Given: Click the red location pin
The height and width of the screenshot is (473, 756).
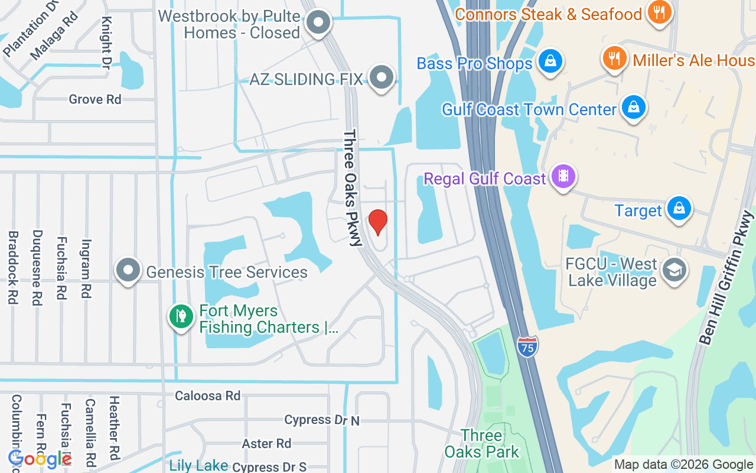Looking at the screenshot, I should tap(378, 222).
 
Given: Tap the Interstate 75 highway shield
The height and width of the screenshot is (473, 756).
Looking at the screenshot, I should tap(527, 346).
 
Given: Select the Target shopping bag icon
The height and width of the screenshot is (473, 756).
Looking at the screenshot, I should tap(679, 209).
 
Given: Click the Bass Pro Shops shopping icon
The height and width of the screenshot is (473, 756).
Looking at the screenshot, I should tap(550, 61).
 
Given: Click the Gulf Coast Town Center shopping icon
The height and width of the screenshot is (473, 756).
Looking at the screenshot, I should tap(633, 108).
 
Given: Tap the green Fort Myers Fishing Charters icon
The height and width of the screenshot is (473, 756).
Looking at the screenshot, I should tap(181, 317).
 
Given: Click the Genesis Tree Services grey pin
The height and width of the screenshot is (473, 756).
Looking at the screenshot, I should tap(128, 271).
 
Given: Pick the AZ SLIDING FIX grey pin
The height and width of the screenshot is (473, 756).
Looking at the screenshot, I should tap(382, 77).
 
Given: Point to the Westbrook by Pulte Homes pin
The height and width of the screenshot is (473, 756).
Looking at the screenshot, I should tap(319, 22).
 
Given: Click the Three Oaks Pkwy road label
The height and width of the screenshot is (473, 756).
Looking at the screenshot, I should tap(352, 187).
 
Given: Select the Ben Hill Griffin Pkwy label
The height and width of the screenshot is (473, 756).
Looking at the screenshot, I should tap(726, 278).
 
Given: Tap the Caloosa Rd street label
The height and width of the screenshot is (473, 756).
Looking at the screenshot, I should tap(207, 396).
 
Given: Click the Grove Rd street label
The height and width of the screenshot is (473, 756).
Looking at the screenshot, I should tap(95, 99).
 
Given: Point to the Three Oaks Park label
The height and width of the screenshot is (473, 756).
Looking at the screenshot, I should tap(481, 443).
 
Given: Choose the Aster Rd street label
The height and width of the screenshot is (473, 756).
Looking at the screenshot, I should tap(266, 443).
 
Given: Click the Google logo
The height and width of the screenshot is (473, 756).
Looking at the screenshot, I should tap(40, 459).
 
